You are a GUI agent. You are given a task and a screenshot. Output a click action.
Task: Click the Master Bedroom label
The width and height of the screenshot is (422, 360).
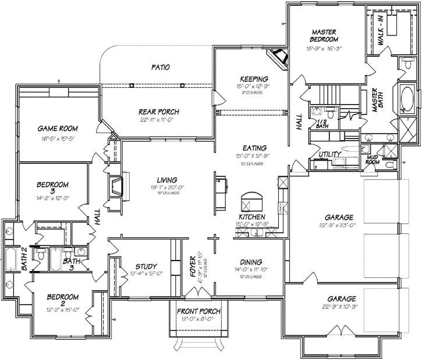325,35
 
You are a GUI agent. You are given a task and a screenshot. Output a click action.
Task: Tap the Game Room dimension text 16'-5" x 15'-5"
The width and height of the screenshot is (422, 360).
58,140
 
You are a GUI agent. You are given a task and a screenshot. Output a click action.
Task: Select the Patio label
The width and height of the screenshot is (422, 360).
160,67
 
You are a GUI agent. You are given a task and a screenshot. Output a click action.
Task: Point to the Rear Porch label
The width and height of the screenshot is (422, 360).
158,112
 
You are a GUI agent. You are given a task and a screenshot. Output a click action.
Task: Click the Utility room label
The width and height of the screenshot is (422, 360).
329,154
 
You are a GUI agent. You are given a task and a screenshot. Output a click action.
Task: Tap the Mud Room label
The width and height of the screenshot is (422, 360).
373,161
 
